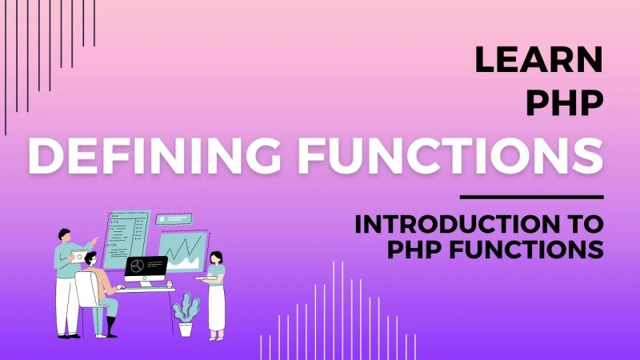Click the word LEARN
pos(538,61)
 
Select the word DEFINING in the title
pos(161,157)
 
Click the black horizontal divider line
pos(532,197)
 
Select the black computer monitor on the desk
pos(146,266)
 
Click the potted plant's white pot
pos(185,329)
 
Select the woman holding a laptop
pos(215,292)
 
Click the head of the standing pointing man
pos(66,236)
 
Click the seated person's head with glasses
pos(90,259)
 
